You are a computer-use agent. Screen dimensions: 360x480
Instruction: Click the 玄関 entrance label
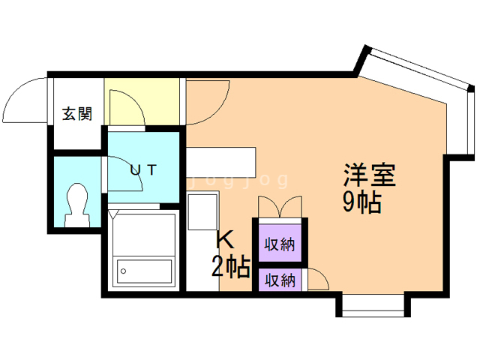tap(76, 114)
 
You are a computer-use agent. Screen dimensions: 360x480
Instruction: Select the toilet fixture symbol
tap(76, 204)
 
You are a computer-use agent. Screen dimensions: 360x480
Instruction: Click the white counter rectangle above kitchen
tap(221, 160)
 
